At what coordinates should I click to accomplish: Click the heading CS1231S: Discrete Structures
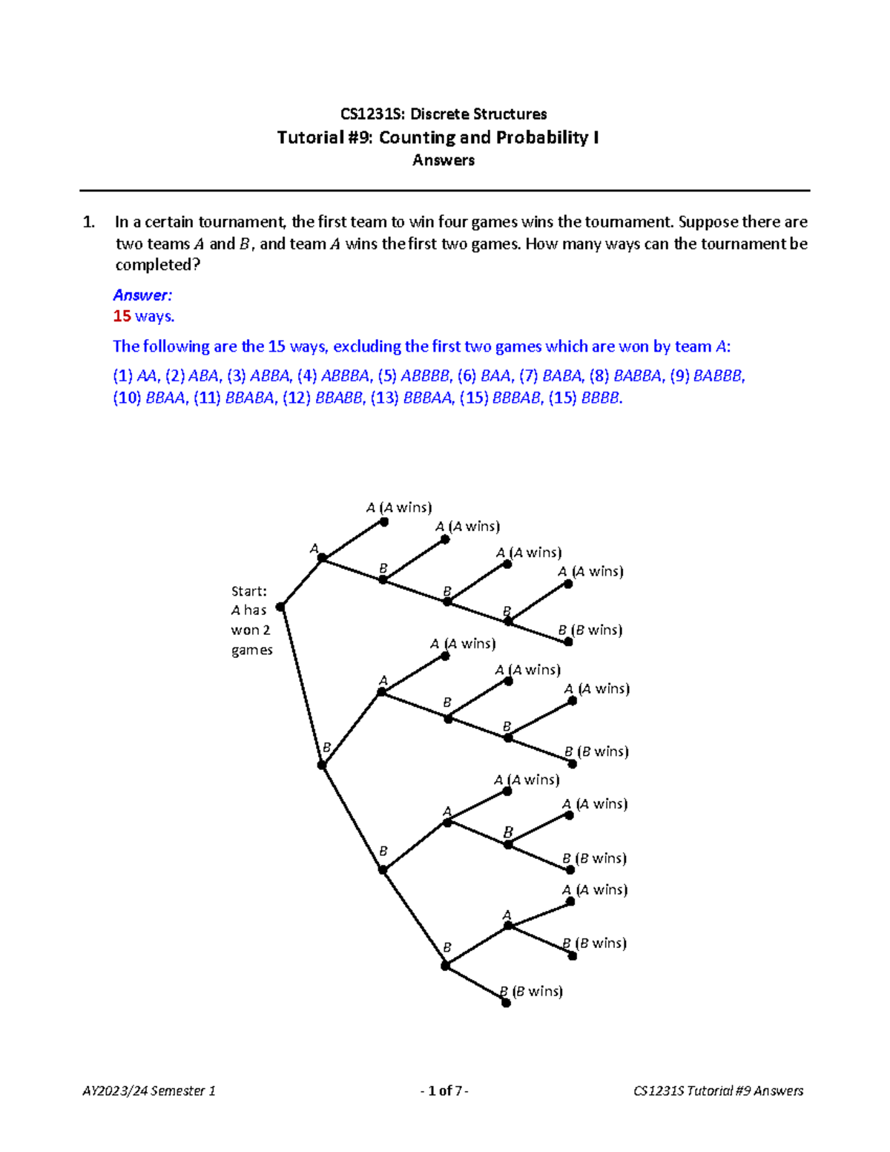(444, 114)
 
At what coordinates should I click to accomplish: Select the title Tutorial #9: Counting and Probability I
(438, 137)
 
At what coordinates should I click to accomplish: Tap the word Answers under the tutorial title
(444, 160)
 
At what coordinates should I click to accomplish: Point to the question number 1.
(89, 222)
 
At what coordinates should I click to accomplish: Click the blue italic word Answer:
(142, 295)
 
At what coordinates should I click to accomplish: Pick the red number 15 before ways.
(122, 316)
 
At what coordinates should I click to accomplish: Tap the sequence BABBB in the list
(717, 376)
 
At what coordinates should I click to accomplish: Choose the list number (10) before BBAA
(127, 398)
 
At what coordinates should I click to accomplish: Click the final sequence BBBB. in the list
(602, 398)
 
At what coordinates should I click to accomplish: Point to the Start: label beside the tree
(248, 591)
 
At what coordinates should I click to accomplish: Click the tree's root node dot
(280, 607)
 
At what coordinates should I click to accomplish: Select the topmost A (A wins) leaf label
(398, 508)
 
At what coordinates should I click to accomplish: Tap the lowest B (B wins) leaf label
(531, 992)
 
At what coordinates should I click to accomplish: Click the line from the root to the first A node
(301, 583)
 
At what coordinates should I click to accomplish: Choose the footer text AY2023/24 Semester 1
(149, 1090)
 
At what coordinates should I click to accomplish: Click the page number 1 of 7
(444, 1090)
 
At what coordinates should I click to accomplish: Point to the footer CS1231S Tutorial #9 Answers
(718, 1090)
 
